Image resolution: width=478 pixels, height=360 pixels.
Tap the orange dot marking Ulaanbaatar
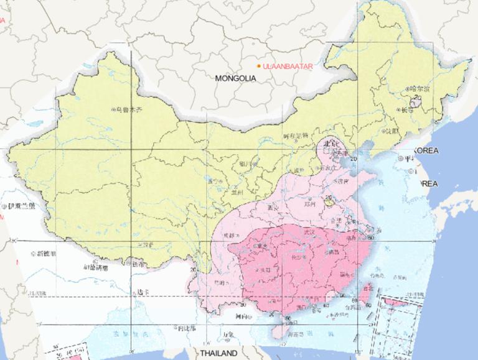pos(260,65)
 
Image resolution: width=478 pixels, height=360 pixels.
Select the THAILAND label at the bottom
pos(218,353)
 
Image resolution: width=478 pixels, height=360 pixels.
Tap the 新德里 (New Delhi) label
pos(46,254)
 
